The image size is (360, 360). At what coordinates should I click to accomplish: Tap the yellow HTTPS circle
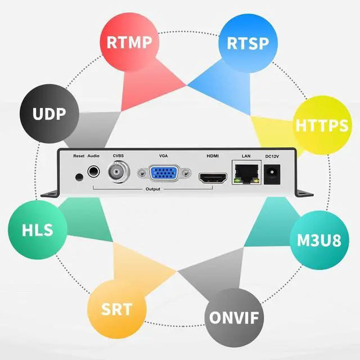321,125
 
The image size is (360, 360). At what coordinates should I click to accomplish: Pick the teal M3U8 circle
318,240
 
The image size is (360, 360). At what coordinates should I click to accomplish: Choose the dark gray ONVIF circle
235,317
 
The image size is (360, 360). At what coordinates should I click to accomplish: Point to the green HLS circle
38,230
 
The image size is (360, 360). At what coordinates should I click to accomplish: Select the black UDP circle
49,114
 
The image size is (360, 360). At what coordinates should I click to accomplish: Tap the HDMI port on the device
212,179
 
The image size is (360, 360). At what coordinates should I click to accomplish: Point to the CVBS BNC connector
118,172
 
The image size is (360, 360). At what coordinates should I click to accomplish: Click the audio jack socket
93,172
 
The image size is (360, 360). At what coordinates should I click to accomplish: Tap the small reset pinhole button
79,177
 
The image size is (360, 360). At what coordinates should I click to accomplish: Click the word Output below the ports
152,190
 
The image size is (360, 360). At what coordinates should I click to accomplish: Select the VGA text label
164,156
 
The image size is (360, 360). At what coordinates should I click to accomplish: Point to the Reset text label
79,156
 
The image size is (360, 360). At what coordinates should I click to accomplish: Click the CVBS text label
118,156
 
